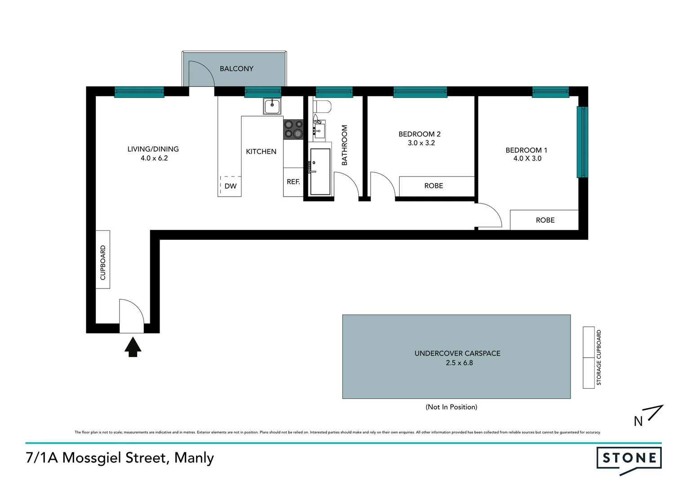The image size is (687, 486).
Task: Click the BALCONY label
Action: pyautogui.click(x=236, y=69)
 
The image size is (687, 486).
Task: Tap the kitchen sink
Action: pyautogui.click(x=272, y=107)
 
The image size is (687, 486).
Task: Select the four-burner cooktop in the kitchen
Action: pyautogui.click(x=293, y=129)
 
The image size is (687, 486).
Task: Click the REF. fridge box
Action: pyautogui.click(x=293, y=182)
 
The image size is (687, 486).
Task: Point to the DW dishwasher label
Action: pyautogui.click(x=230, y=186)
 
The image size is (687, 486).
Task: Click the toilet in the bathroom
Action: pyautogui.click(x=322, y=107)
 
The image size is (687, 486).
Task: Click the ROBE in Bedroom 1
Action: pyautogui.click(x=544, y=220)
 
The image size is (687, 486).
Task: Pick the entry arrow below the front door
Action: pyautogui.click(x=133, y=347)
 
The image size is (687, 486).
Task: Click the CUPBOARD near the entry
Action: pyautogui.click(x=103, y=260)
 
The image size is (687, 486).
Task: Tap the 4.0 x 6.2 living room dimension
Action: pyautogui.click(x=154, y=158)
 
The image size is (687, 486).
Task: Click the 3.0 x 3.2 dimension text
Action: pyautogui.click(x=421, y=143)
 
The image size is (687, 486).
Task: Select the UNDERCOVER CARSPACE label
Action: pyautogui.click(x=457, y=354)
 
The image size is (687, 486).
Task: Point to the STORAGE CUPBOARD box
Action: pyautogui.click(x=589, y=357)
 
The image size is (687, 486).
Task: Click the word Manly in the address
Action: pyautogui.click(x=194, y=458)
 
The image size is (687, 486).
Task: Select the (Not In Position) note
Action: pyautogui.click(x=451, y=407)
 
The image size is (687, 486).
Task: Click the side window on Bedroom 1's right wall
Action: pyautogui.click(x=582, y=142)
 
